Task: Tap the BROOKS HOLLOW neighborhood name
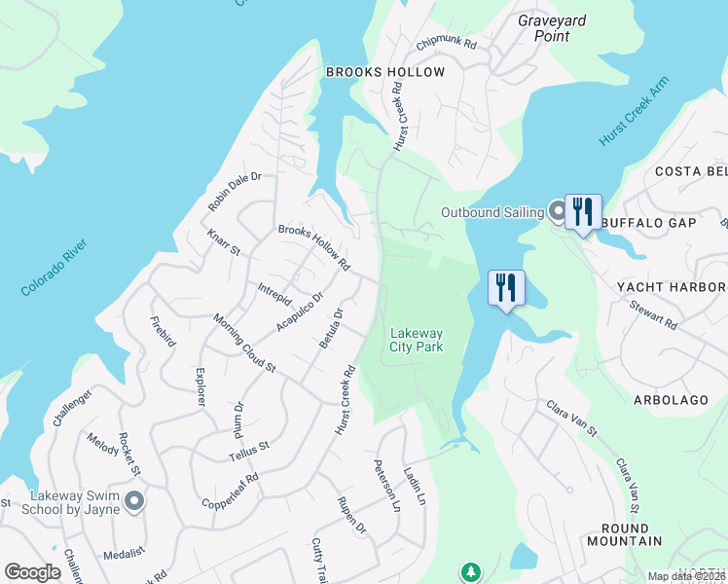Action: point(384,72)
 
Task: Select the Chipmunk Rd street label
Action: point(446,44)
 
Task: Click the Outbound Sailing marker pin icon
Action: point(557,211)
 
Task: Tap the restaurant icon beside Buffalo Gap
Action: point(583,212)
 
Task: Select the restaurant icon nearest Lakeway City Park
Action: point(506,288)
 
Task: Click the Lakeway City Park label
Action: point(416,340)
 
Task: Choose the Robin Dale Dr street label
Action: point(235,192)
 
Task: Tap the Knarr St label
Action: point(223,243)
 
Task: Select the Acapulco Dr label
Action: point(299,310)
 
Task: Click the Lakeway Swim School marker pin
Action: point(134,500)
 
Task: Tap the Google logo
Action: point(32,571)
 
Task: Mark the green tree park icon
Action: point(470,570)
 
